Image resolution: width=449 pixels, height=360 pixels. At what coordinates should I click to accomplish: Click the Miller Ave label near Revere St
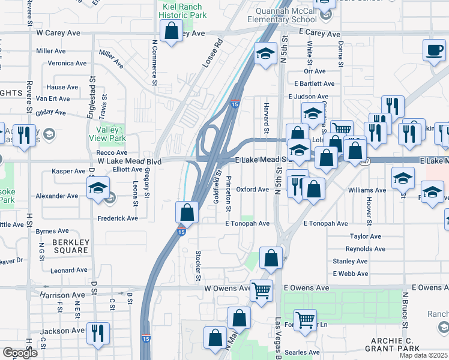pyautogui.click(x=51, y=51)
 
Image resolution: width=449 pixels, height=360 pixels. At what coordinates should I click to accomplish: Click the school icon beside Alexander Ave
pyautogui.click(x=98, y=188)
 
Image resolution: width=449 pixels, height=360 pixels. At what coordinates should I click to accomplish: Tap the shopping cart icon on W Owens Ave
pyautogui.click(x=261, y=290)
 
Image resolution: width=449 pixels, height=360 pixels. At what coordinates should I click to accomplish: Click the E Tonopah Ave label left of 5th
pyautogui.click(x=245, y=223)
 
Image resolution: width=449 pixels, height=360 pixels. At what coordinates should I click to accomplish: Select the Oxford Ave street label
pyautogui.click(x=252, y=189)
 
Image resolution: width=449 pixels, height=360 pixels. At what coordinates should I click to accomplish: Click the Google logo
pyautogui.click(x=20, y=353)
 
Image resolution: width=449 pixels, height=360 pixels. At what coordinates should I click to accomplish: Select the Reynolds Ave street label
pyautogui.click(x=365, y=248)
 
